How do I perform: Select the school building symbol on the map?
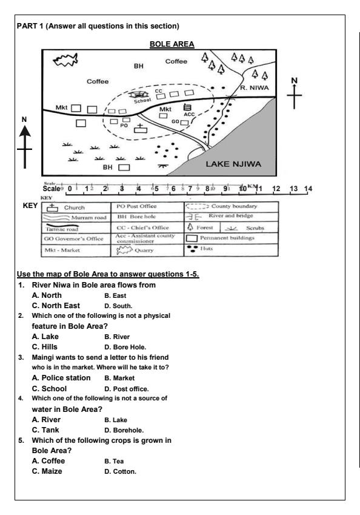click(141, 95)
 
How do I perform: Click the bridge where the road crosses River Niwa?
click(229, 98)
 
